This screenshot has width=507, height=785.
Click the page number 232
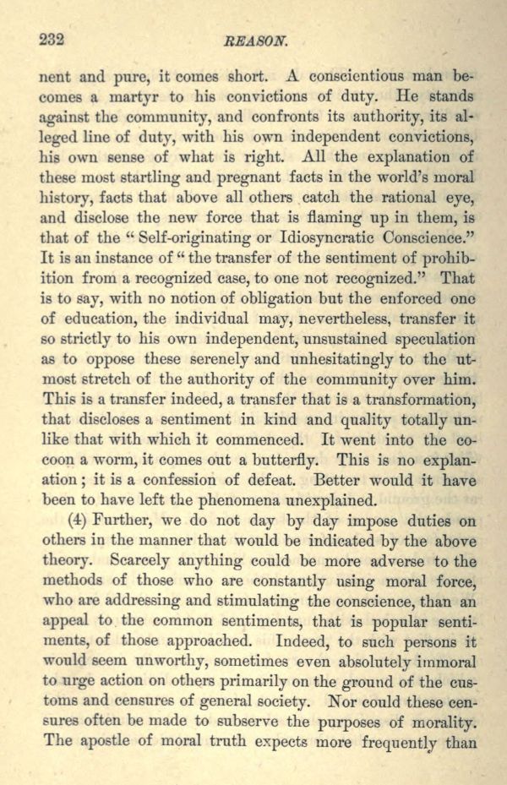point(52,40)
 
